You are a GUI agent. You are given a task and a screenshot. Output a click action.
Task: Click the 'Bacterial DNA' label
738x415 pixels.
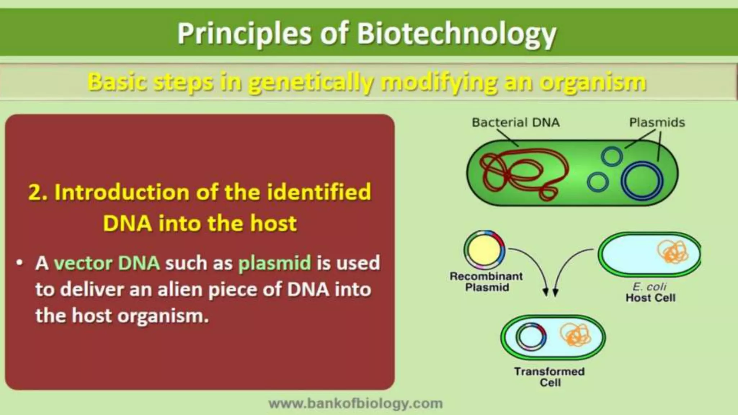pyautogui.click(x=516, y=122)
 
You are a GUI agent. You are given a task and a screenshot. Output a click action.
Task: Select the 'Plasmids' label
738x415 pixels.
pyautogui.click(x=657, y=122)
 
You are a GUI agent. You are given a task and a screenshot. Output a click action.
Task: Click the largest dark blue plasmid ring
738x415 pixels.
pyautogui.click(x=644, y=180)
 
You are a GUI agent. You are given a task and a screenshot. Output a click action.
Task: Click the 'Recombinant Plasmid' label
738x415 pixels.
pyautogui.click(x=486, y=282)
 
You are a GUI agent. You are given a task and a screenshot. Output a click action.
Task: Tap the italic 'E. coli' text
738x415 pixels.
pyautogui.click(x=649, y=286)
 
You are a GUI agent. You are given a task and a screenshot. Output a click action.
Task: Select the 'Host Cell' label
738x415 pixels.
pyautogui.click(x=650, y=298)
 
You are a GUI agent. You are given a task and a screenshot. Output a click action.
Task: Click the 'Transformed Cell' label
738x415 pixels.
pyautogui.click(x=549, y=376)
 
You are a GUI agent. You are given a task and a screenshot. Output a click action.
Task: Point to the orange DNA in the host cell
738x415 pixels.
pyautogui.click(x=672, y=251)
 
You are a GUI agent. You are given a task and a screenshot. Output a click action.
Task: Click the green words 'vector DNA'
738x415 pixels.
pyautogui.click(x=107, y=263)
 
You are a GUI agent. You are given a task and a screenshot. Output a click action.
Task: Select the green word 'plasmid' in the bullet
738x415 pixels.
pyautogui.click(x=275, y=263)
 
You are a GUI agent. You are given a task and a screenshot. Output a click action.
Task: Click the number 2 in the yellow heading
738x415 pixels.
pyautogui.click(x=35, y=192)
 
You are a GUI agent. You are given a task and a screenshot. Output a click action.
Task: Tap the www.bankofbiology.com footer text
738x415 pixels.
pyautogui.click(x=356, y=403)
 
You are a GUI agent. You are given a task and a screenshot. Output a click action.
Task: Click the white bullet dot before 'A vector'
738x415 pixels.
pyautogui.click(x=19, y=263)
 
